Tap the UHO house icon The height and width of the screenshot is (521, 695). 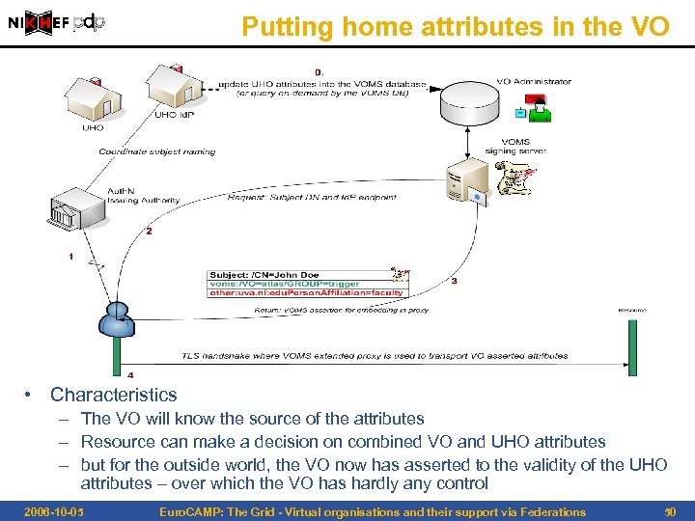[91, 96]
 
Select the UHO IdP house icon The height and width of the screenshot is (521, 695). [167, 86]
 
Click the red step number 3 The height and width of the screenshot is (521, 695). [454, 281]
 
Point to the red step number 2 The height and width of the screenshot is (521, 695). [149, 231]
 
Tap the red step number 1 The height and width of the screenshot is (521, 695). [70, 256]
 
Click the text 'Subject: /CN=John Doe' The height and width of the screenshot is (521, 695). [264, 274]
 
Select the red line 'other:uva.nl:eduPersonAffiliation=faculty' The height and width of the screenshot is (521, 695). [308, 292]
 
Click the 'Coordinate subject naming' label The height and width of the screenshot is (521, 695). [156, 151]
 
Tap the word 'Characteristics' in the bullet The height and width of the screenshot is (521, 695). [114, 395]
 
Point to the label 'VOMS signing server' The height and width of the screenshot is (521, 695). [514, 146]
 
